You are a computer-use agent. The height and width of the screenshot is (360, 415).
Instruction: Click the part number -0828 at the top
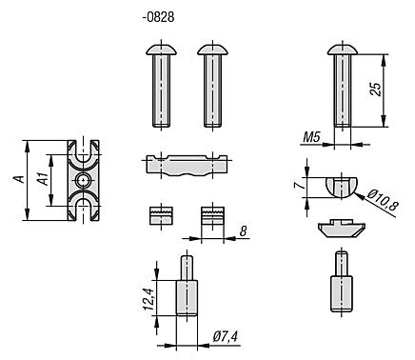158,17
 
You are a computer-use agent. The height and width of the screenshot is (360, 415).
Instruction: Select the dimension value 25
376,90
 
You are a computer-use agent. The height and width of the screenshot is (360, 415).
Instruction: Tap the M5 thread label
312,138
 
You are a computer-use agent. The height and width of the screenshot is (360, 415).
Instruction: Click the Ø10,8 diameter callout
383,201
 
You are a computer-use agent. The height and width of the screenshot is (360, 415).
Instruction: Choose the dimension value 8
243,231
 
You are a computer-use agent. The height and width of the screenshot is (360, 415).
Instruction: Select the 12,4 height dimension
148,298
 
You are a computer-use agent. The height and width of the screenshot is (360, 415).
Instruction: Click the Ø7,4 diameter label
226,336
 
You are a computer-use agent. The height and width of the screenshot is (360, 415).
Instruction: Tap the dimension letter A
18,179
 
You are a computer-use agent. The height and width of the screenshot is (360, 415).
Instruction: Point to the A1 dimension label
43,179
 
